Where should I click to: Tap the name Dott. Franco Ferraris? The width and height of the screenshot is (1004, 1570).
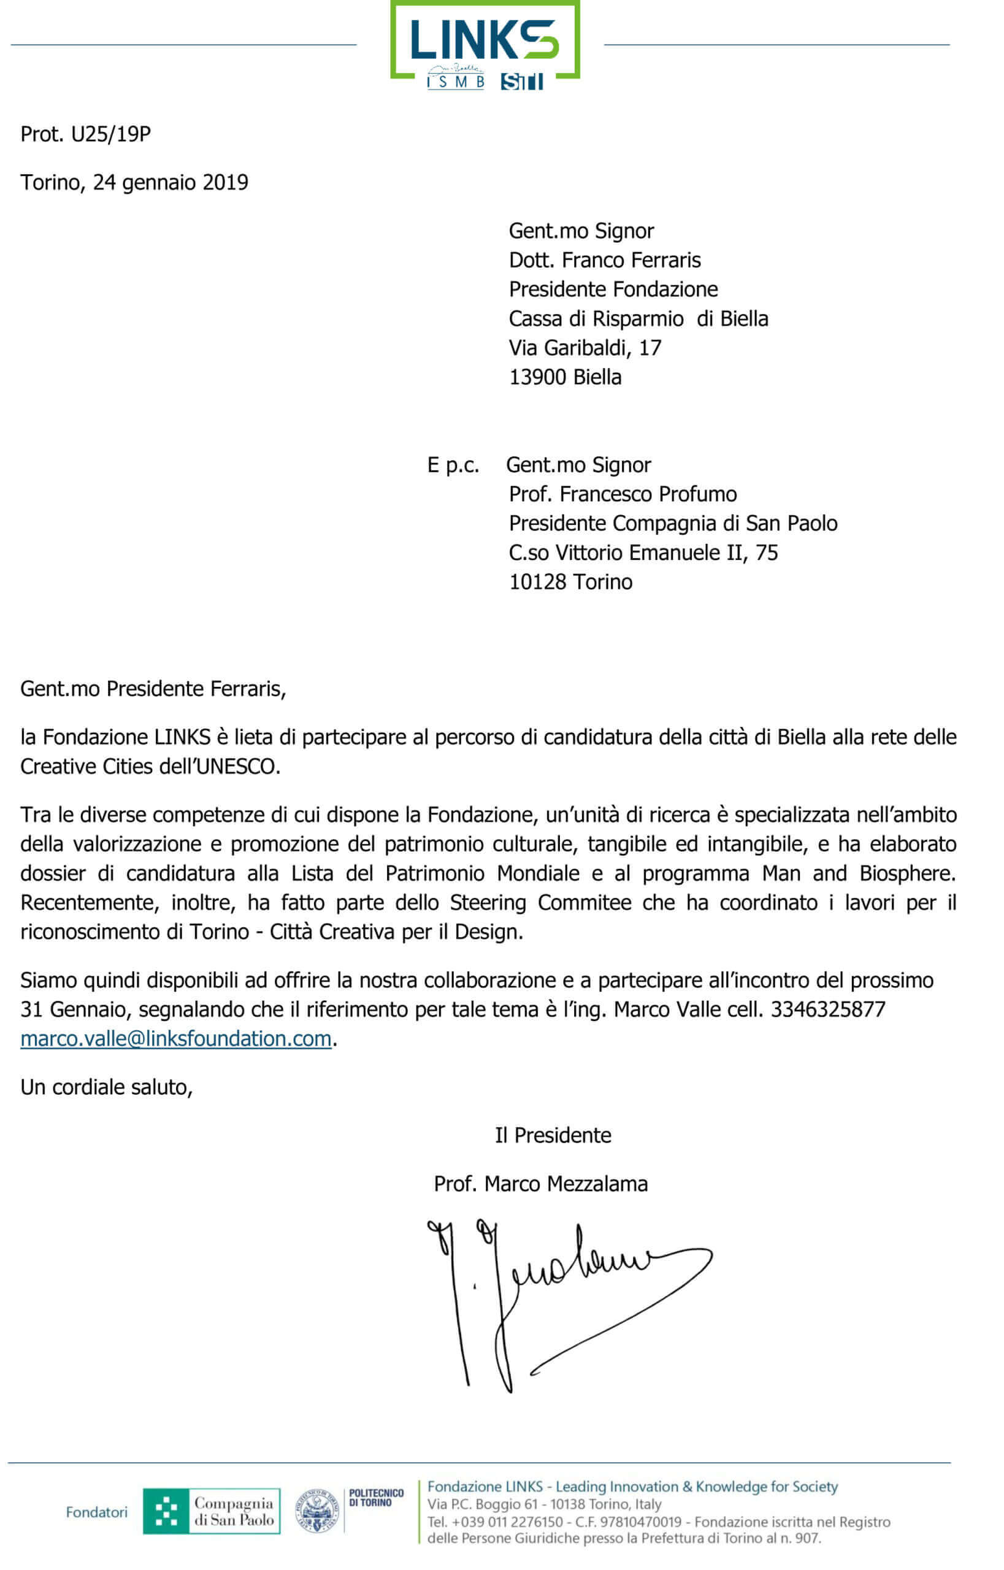[x=604, y=260]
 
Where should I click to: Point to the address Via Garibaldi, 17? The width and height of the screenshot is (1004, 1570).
[x=584, y=348]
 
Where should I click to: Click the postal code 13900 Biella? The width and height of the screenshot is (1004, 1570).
[x=565, y=378]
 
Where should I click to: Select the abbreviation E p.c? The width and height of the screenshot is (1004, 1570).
[x=453, y=465]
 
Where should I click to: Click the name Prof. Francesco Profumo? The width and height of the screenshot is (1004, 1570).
[x=623, y=494]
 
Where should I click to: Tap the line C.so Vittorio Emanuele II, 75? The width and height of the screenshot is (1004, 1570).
[x=643, y=553]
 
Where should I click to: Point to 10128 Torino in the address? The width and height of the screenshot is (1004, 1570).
[x=570, y=582]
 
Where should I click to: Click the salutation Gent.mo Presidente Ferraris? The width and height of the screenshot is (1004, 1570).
[x=153, y=689]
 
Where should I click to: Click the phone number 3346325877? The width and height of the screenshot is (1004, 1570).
[x=828, y=1010]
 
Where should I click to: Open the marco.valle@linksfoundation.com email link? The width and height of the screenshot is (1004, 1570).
[x=176, y=1040]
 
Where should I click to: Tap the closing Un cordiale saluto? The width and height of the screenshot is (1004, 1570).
[x=106, y=1087]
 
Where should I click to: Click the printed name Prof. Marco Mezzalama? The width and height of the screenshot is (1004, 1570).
[x=540, y=1184]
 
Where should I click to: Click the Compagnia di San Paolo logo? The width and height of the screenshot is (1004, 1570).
[x=211, y=1511]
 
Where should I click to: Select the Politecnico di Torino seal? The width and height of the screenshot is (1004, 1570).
[x=317, y=1511]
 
